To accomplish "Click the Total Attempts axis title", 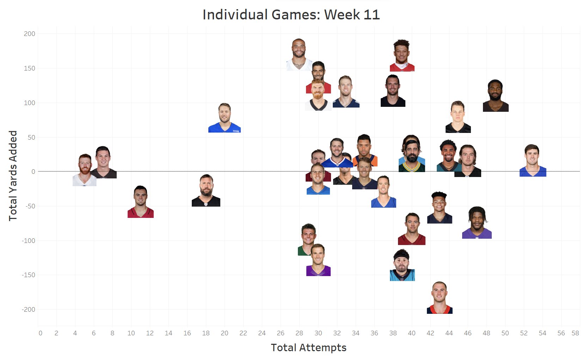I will click(308, 348).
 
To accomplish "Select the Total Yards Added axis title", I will click(13, 176).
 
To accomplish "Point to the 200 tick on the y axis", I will click(30, 34).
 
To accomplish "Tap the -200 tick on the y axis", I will click(29, 310).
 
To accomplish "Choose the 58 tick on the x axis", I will click(575, 333).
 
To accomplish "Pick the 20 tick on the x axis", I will click(225, 333).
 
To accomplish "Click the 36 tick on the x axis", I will click(374, 333).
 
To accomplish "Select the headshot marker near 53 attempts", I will click(533, 160).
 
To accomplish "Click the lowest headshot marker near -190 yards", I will click(440, 298).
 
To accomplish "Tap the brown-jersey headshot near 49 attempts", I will click(495, 96).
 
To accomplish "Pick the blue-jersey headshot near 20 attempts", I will click(225, 118).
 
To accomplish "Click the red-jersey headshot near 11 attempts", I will click(140, 202).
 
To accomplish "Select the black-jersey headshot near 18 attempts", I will click(206, 190).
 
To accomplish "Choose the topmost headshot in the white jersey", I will click(299, 55).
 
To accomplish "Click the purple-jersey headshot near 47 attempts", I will click(477, 223).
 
